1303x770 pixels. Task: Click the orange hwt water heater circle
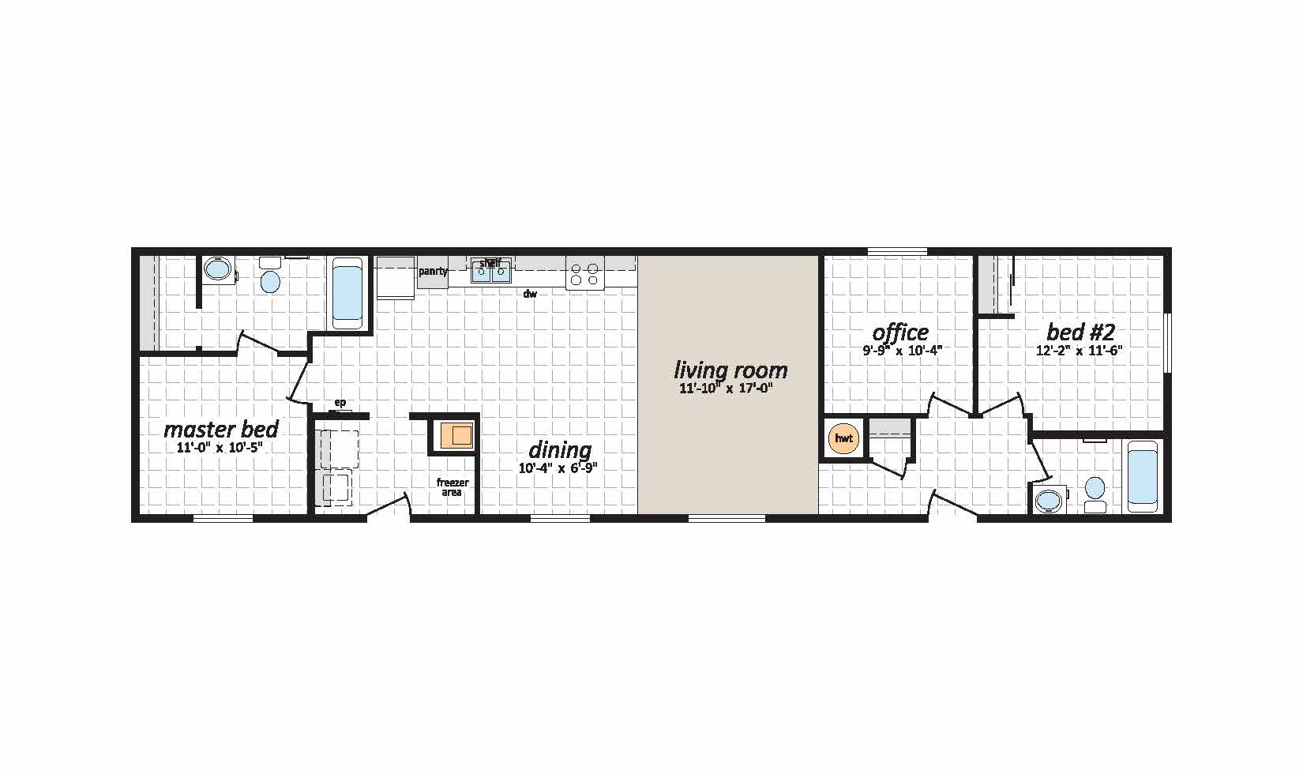coord(843,438)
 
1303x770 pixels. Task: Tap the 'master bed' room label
coord(221,429)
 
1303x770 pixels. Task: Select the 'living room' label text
coord(730,370)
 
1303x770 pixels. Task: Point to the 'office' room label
coord(900,332)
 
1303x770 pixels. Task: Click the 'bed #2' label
coord(1080,332)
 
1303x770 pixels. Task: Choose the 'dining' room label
coord(560,450)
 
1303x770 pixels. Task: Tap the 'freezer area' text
coord(452,487)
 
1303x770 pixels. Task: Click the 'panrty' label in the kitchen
coord(433,271)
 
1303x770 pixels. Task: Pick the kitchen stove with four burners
coord(584,273)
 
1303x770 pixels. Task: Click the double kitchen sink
coord(491,272)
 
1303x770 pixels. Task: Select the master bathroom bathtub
coord(347,293)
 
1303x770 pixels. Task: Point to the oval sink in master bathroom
coord(218,269)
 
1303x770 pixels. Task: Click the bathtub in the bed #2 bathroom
coord(1143,477)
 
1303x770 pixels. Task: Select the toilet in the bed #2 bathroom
coord(1095,495)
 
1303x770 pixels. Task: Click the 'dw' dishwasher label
coord(530,294)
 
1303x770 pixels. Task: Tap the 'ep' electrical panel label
coord(340,402)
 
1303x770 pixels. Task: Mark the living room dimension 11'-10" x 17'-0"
coord(726,388)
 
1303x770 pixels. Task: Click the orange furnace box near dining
coord(456,435)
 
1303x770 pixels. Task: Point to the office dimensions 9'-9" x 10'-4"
coord(902,351)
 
